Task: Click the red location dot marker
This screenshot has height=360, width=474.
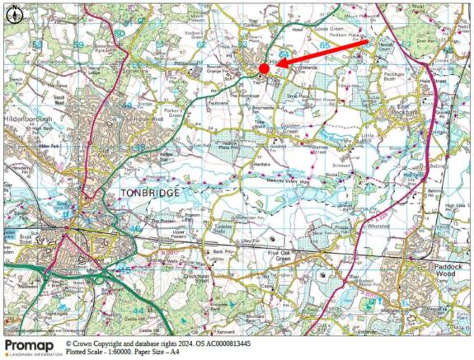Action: click(x=264, y=68)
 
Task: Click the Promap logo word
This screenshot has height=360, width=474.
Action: click(x=29, y=344)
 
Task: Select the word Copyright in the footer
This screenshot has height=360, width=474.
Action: click(x=104, y=343)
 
